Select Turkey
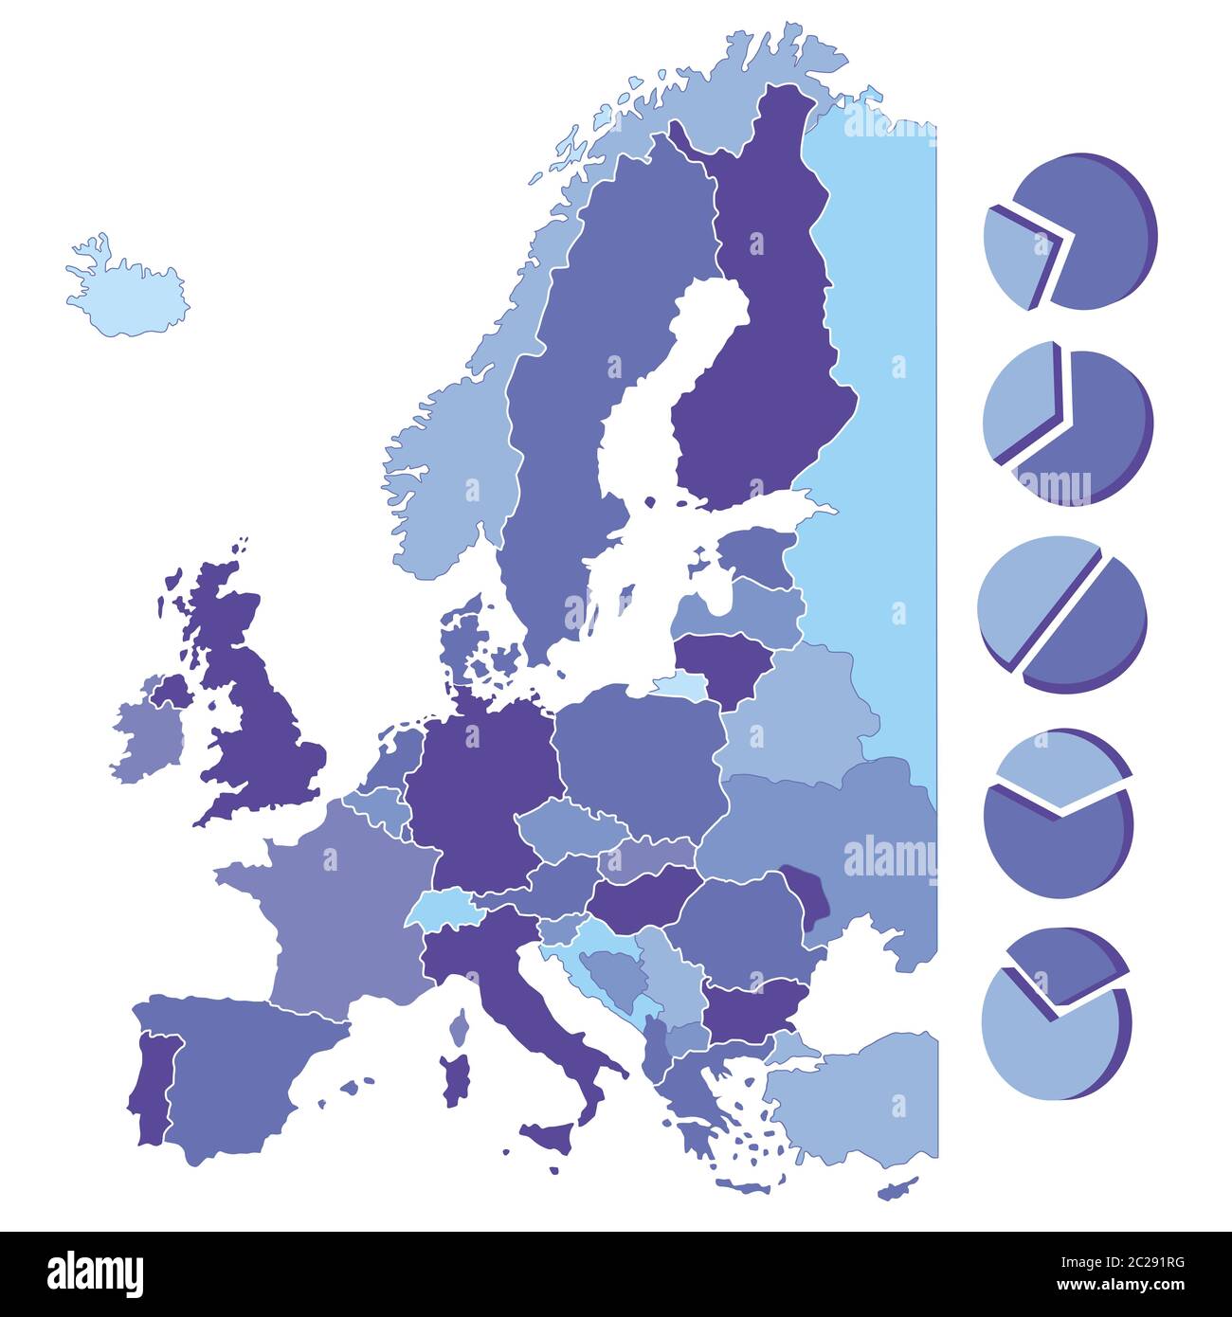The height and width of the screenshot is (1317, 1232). pos(853,1099)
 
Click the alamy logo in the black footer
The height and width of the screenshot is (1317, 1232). pos(95,1273)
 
